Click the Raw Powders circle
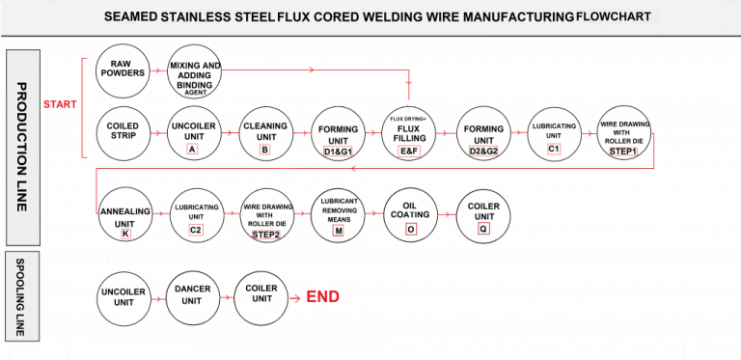coord(121,70)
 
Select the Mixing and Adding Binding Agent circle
coord(194,70)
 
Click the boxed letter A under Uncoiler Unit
coord(193,150)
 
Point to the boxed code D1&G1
coord(337,151)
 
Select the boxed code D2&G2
coord(481,151)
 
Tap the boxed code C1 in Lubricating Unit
coord(553,149)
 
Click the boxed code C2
coord(194,230)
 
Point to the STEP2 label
coord(265,234)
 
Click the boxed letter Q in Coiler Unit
coord(482,230)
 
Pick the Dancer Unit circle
coord(193,295)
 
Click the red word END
coord(322,296)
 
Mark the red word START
coord(60,103)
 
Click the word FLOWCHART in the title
coord(614,16)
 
